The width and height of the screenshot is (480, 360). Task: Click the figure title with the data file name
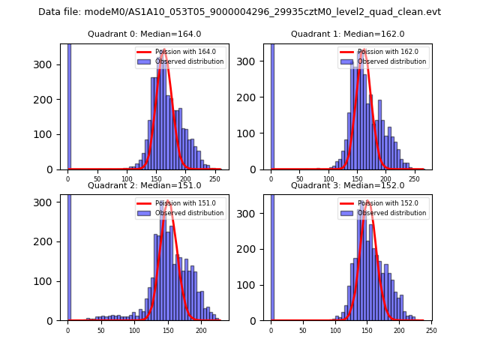pos(239,12)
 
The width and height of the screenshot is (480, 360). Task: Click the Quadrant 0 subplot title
pos(143,34)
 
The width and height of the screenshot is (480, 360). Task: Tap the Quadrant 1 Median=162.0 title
pos(347,34)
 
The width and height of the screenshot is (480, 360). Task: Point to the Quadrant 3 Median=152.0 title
pos(347,185)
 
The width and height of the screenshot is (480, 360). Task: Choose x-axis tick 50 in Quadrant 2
pos(101,330)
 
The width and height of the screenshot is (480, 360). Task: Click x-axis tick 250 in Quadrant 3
pos(430,330)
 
